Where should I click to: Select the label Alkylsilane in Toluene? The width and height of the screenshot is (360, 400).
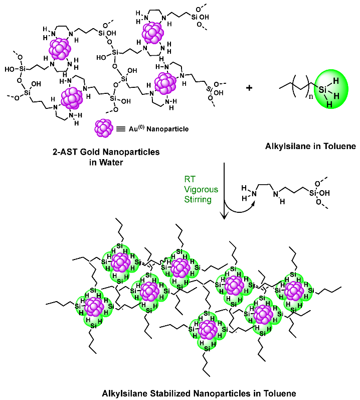310,147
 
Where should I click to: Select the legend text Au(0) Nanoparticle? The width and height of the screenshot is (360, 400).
153,129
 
